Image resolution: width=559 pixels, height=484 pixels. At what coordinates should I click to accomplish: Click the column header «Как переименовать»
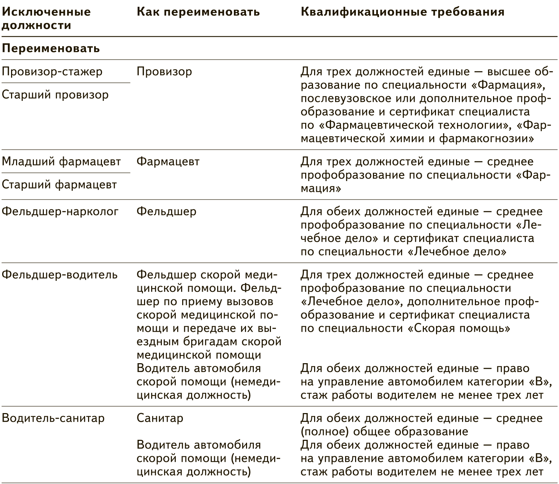(198, 12)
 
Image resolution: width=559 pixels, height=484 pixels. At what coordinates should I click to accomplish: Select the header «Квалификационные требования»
(402, 12)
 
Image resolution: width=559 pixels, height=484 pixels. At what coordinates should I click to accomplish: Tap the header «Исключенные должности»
(46, 19)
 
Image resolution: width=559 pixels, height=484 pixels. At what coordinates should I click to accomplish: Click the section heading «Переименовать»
(51, 48)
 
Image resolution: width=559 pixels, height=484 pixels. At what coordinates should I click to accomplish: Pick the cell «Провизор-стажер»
(52, 72)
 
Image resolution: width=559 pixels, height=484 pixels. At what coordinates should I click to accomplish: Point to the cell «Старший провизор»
(55, 95)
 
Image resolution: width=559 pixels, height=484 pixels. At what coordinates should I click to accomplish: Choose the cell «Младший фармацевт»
(61, 162)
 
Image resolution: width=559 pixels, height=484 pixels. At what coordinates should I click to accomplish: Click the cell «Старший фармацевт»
(60, 185)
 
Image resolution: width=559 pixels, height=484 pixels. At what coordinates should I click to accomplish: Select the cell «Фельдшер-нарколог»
(60, 212)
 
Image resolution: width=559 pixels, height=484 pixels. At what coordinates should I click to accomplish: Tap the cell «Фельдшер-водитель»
(60, 275)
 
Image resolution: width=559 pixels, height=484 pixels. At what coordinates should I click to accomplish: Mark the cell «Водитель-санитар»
(53, 418)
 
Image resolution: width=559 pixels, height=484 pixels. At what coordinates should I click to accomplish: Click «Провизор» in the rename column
(164, 72)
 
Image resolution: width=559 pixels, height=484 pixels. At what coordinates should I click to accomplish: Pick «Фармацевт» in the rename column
(168, 162)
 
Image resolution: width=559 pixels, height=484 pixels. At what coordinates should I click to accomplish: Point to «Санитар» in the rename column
(160, 418)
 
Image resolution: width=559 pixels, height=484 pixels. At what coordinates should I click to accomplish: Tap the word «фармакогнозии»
(486, 139)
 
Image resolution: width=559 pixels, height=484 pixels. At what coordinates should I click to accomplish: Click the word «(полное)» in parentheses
(325, 432)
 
